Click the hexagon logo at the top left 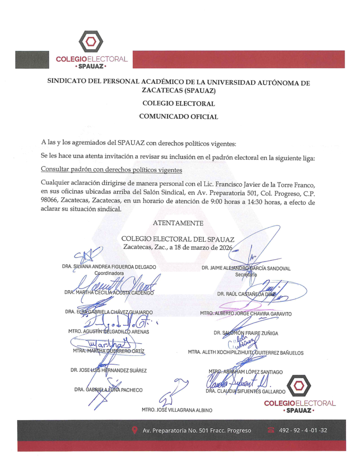pyautogui.click(x=91, y=42)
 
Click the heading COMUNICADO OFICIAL pyautogui.click(x=178, y=116)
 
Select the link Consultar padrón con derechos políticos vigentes pyautogui.click(x=112, y=170)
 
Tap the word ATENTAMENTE pyautogui.click(x=178, y=223)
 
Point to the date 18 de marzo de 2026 pyautogui.click(x=197, y=247)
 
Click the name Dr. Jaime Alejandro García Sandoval pyautogui.click(x=246, y=268)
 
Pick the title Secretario pyautogui.click(x=246, y=275)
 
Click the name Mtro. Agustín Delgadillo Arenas pyautogui.click(x=109, y=331)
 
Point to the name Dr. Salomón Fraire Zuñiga pyautogui.click(x=246, y=333)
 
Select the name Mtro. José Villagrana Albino pyautogui.click(x=177, y=410)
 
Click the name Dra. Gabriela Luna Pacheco pyautogui.click(x=108, y=390)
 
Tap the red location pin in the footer pyautogui.click(x=134, y=430)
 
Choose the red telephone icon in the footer pyautogui.click(x=271, y=430)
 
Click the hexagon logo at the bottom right pyautogui.click(x=300, y=385)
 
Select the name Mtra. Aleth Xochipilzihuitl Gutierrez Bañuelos pyautogui.click(x=246, y=353)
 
